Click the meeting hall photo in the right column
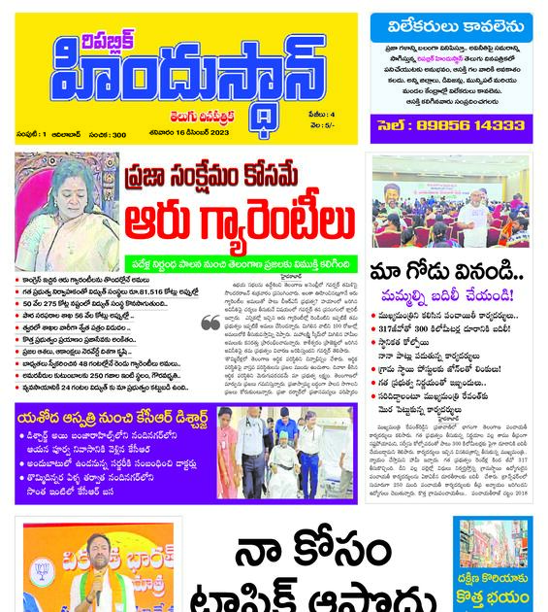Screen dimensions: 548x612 point(451,201)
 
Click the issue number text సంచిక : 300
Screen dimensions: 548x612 point(108,134)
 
